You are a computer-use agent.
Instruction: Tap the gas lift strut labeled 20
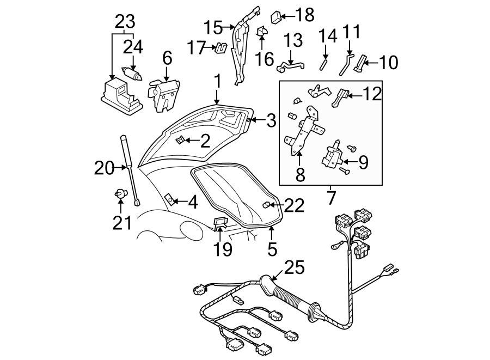[129, 169]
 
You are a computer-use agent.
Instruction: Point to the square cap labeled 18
[275, 15]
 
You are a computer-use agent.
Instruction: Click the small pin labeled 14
[323, 63]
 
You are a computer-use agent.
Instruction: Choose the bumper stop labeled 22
[267, 205]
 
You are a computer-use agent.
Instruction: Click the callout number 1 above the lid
[217, 82]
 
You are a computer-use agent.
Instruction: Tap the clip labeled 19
[219, 223]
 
